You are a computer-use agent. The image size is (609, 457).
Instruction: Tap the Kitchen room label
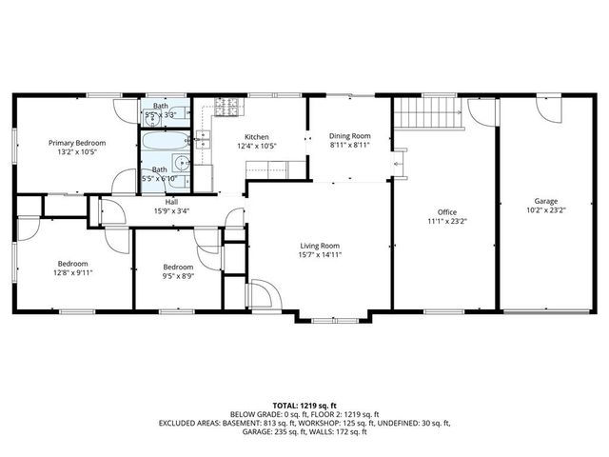[x=256, y=136]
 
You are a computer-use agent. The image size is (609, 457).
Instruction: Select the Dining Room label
[x=349, y=136]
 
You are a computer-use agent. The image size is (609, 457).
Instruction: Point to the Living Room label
[x=320, y=246]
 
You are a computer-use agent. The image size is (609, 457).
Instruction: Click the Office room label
[x=447, y=211]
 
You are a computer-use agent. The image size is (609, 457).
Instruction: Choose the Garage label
[x=545, y=201]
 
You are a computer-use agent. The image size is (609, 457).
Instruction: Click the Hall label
[x=171, y=202]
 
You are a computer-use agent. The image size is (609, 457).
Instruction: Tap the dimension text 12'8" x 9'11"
[x=72, y=272]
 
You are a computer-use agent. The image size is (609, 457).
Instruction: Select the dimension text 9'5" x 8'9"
[x=178, y=276]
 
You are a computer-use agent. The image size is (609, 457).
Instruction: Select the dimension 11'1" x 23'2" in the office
[x=447, y=221]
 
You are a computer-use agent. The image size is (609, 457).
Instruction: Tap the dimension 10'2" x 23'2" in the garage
[x=545, y=210]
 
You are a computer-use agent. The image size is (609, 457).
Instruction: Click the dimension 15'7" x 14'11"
[x=320, y=255]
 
